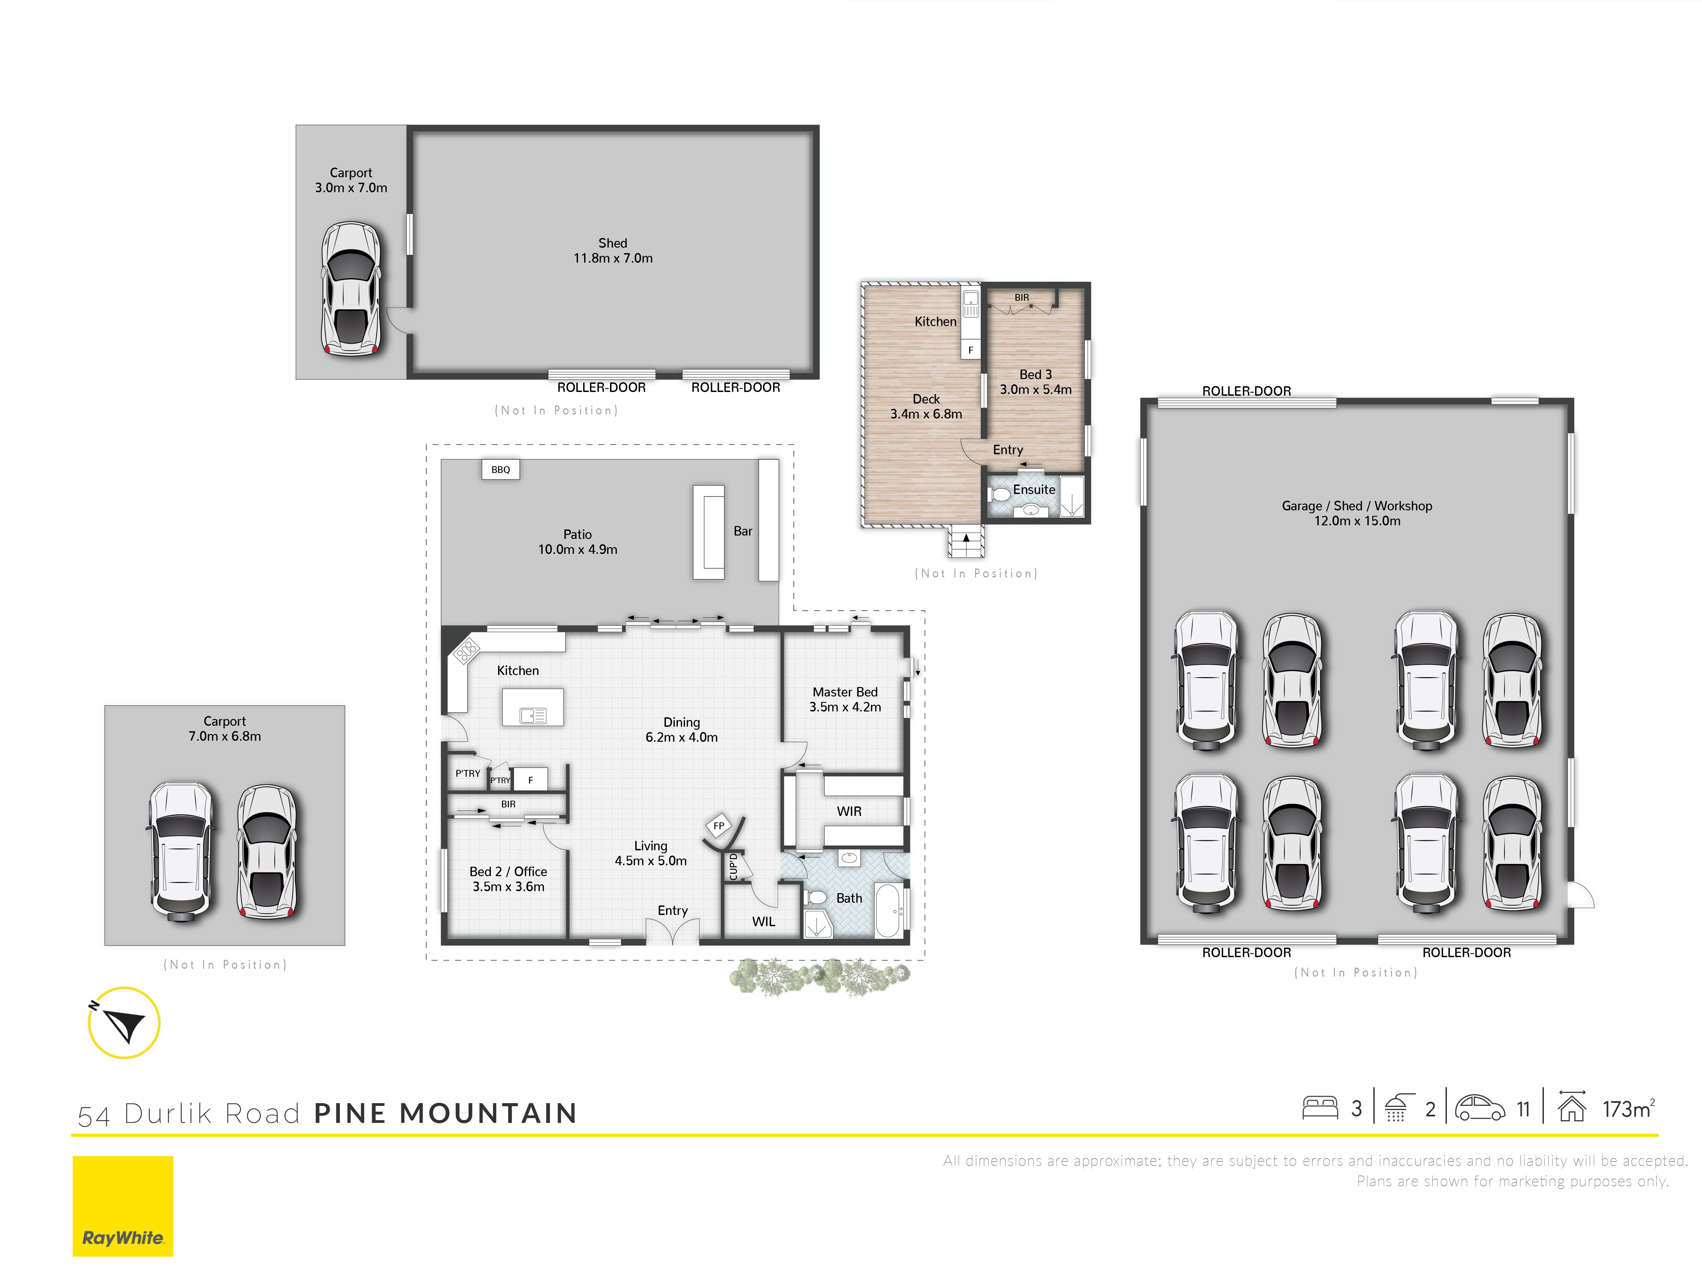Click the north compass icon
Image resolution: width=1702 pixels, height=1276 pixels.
(124, 1023)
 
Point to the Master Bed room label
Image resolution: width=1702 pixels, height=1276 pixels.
(845, 692)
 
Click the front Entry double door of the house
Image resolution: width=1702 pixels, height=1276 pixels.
(673, 932)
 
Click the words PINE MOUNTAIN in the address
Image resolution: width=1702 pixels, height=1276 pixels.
(446, 1113)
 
